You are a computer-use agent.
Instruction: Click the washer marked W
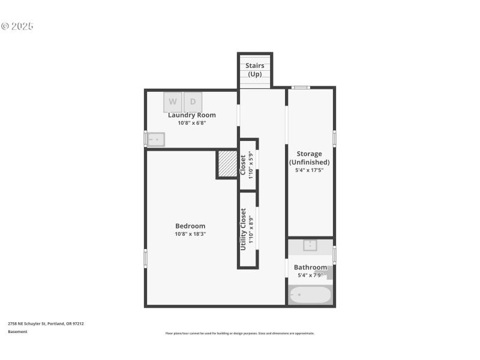click(x=173, y=101)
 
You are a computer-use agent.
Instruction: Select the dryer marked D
click(x=193, y=101)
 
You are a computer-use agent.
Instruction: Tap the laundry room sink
click(x=156, y=139)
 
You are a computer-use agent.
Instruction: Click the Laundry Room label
click(x=191, y=115)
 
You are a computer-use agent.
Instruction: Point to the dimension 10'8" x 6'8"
click(x=191, y=123)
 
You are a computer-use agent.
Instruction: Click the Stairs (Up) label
click(x=254, y=70)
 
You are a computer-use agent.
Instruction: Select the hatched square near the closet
click(x=227, y=164)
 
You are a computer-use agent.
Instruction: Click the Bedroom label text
click(x=190, y=226)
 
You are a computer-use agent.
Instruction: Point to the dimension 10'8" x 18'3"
click(x=190, y=234)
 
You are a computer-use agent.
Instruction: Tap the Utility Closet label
click(x=244, y=229)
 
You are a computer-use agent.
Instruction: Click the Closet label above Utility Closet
click(x=243, y=165)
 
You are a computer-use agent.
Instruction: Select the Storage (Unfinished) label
click(x=309, y=158)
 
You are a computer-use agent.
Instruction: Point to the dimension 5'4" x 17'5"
click(x=309, y=170)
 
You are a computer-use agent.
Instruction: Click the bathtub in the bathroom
click(x=310, y=295)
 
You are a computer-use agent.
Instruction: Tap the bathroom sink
click(x=310, y=245)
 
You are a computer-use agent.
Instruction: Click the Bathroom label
click(x=310, y=267)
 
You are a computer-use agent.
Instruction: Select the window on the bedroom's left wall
click(x=145, y=258)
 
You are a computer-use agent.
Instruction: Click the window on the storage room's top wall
click(x=300, y=88)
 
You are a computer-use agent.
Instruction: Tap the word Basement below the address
click(x=17, y=332)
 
